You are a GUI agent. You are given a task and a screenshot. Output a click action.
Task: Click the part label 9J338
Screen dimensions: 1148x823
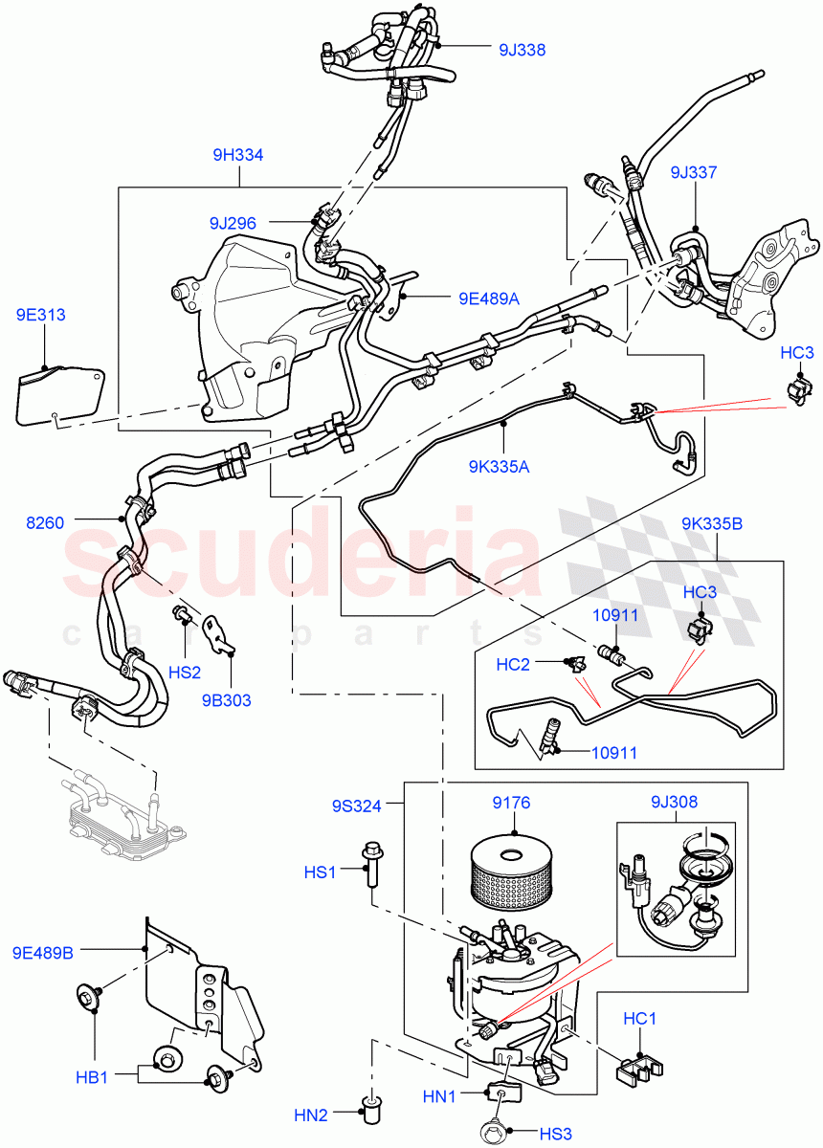(522, 50)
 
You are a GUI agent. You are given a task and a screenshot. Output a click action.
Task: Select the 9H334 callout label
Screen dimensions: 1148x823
(238, 155)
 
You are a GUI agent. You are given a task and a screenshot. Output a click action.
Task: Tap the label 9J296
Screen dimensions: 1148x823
(233, 223)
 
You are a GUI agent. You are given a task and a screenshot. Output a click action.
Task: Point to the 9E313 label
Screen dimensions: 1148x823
(40, 315)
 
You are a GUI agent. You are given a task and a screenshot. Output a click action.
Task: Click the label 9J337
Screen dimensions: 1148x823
(693, 173)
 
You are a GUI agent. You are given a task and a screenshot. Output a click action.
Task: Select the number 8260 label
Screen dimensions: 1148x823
(45, 521)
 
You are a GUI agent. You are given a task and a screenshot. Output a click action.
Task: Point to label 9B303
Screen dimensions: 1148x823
(228, 700)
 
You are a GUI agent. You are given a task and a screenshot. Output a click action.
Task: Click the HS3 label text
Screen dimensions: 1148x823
(555, 1134)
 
